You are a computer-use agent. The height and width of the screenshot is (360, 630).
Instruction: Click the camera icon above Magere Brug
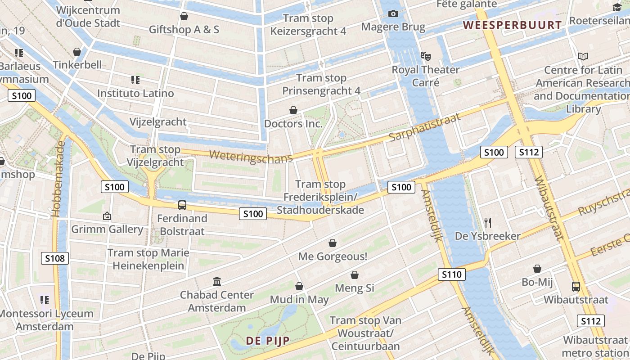(x=393, y=14)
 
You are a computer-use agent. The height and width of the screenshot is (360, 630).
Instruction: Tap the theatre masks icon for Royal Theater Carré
(x=425, y=56)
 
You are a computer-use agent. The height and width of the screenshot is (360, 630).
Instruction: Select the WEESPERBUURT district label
(x=513, y=25)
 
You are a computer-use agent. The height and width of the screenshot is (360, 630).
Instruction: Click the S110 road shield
(x=451, y=274)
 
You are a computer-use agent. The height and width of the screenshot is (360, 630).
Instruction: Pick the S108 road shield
(x=55, y=258)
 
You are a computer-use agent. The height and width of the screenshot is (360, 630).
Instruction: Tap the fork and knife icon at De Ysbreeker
(x=488, y=222)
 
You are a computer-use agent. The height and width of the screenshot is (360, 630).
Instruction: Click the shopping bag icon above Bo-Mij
(x=537, y=269)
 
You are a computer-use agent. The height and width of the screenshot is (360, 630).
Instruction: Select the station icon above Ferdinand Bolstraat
(x=182, y=205)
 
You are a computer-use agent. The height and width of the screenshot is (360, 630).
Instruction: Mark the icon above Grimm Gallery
(x=107, y=216)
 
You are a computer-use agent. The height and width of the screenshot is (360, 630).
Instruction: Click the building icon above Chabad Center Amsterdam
(x=216, y=282)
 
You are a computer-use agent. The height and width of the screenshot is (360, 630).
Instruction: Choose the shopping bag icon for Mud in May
(x=299, y=286)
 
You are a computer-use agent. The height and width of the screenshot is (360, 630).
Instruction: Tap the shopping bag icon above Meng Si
(x=354, y=275)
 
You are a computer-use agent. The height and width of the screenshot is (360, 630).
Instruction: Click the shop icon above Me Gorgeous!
(x=332, y=243)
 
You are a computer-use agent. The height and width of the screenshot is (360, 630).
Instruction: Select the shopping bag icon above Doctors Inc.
(x=293, y=110)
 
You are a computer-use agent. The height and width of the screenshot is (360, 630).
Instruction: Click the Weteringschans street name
(x=251, y=156)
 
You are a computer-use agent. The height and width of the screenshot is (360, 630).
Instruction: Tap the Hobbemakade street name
(x=59, y=179)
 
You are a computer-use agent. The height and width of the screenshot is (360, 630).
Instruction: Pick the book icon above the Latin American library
(x=583, y=57)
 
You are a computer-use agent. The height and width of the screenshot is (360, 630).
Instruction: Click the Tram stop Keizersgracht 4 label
(x=308, y=25)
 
